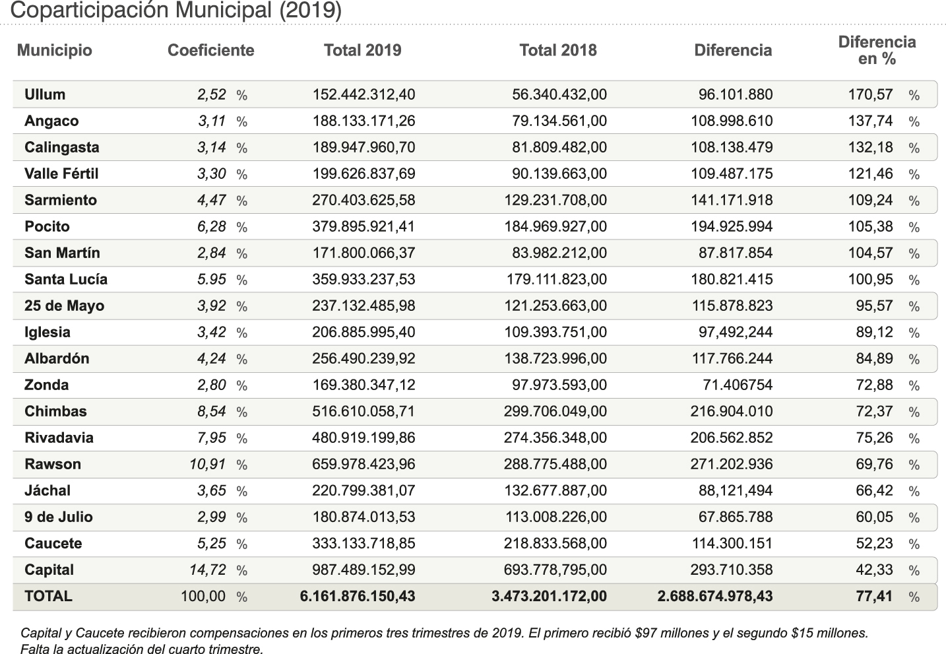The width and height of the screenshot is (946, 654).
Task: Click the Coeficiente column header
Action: pos(210,51)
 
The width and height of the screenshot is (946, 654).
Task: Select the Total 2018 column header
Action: pos(557,51)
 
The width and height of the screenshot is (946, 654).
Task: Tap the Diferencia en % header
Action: pos(877,51)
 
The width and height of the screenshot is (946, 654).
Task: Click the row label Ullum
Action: pos(45,94)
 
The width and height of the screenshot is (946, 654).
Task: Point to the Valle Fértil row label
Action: pos(61,174)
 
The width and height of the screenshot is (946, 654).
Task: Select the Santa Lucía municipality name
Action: pos(66,279)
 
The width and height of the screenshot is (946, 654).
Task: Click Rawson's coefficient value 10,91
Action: pos(207,464)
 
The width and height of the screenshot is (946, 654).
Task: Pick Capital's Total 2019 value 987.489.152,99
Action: pos(363,570)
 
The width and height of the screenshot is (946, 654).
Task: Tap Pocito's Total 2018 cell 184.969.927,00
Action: pos(555,226)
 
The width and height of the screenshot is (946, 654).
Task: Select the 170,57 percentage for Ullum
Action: pos(870,94)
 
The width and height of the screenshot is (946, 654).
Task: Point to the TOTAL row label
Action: pos(48,596)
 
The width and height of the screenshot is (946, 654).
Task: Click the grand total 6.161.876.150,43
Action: pos(358,596)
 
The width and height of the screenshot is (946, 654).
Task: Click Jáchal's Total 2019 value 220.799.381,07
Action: pos(363,490)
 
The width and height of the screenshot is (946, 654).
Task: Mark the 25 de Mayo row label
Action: pos(64,306)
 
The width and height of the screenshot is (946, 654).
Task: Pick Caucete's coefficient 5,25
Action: pos(211,543)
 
